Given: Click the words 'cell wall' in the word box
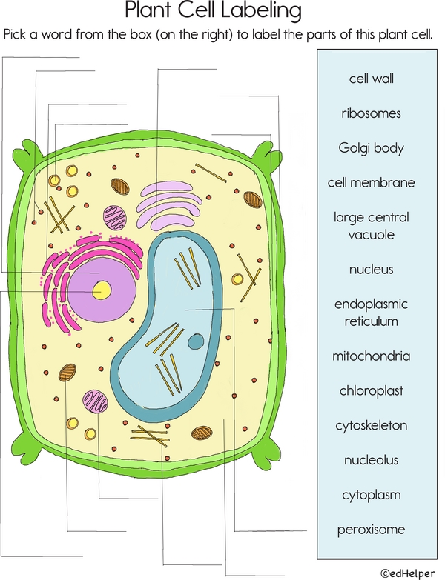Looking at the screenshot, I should (375, 79).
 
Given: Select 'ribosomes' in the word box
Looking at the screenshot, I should (375, 113).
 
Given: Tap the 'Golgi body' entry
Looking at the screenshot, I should (375, 148).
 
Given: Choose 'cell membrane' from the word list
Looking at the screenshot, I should (375, 182).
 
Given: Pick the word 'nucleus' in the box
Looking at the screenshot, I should (375, 270).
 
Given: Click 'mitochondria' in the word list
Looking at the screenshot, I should (375, 356).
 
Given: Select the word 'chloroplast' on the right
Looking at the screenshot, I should (375, 391).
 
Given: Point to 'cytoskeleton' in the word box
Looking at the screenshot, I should (375, 426).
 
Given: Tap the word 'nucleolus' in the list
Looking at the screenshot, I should (375, 460).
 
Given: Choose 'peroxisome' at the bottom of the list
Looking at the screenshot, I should (375, 530).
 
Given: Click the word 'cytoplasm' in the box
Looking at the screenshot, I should (375, 495).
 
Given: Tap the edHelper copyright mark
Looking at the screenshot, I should (408, 572).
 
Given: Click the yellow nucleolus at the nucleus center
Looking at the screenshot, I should (98, 292).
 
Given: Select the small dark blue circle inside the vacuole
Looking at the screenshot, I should (195, 341).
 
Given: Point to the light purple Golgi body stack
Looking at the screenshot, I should (168, 204).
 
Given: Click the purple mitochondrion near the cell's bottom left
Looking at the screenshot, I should (95, 401).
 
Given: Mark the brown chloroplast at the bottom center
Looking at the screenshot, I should (201, 432).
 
